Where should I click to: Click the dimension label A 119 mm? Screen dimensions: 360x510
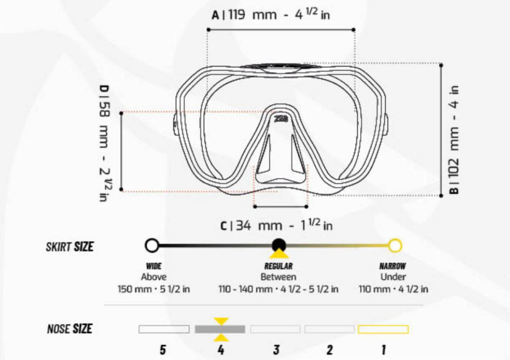coord(271,14)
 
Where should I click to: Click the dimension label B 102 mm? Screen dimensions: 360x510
coord(455,140)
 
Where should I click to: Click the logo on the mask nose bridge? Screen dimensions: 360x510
coord(280,117)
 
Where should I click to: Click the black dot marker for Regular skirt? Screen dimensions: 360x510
coord(279,245)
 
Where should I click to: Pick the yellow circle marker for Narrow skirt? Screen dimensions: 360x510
coord(395,245)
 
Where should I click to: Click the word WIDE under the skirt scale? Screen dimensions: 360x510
coord(154,266)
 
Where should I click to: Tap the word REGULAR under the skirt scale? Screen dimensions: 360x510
coord(279,266)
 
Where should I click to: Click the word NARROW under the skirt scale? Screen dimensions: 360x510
coord(393,266)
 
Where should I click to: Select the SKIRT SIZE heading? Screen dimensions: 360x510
coord(70,246)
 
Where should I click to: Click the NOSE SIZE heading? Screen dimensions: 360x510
coord(70,329)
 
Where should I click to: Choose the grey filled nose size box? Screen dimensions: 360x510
coord(220,329)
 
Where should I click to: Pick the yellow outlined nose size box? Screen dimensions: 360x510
coord(383,329)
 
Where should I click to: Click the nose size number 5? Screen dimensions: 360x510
coord(163,350)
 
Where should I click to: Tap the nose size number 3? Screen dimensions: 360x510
coord(276,350)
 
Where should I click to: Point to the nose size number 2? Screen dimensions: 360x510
coord(330,350)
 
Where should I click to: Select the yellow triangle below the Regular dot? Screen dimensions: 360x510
coord(279,254)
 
